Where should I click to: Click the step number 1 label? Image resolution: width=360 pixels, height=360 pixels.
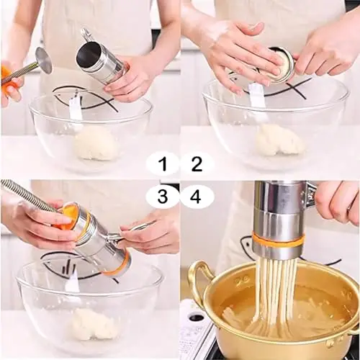click(164, 164)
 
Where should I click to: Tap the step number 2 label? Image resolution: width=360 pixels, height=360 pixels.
click(197, 164)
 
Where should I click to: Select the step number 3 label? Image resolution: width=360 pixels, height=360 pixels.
click(163, 197)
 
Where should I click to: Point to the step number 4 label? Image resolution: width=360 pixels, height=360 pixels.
click(195, 197)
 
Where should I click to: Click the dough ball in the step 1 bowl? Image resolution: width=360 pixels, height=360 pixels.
click(96, 143)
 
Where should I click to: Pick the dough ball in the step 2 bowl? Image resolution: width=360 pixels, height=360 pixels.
click(279, 140)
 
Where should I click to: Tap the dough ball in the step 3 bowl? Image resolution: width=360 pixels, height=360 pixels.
click(93, 324)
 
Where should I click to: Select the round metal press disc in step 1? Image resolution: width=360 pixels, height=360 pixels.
click(45, 60)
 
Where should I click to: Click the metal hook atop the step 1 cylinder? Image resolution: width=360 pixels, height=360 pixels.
click(87, 35)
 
